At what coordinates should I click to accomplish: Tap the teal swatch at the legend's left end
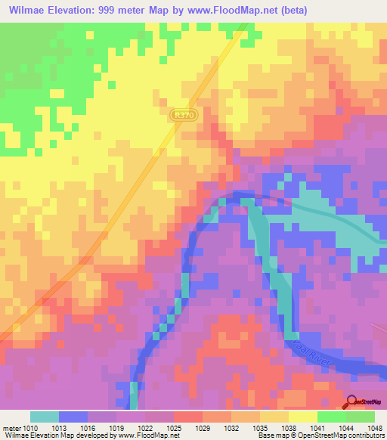pyautogui.click(x=45, y=417)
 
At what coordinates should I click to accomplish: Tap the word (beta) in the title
pyautogui.click(x=320, y=9)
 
